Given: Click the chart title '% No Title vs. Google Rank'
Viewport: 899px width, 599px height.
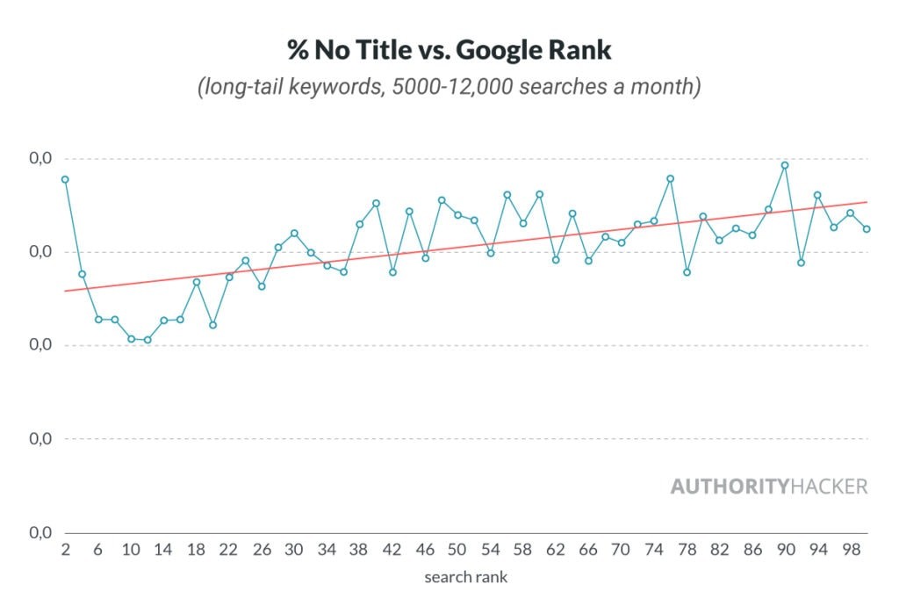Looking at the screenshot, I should click(449, 50).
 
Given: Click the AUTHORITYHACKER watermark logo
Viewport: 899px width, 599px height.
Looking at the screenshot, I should click(768, 486).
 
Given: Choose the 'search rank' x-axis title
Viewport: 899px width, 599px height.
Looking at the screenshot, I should click(465, 577).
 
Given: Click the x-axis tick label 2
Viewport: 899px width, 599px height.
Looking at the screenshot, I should click(65, 550).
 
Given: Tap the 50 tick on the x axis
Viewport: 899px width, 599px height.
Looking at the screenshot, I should click(457, 550).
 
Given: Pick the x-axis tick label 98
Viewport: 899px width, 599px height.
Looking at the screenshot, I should click(850, 550).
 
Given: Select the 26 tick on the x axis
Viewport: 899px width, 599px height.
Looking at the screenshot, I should click(262, 550).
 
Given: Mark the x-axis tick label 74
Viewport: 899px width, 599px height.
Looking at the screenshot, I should click(653, 550).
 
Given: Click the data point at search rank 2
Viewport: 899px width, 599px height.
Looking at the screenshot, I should click(65, 179).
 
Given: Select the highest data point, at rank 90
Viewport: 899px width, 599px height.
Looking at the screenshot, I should click(785, 165).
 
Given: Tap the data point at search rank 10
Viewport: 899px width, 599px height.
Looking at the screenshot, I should click(131, 338).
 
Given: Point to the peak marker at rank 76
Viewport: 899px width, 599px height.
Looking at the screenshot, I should click(670, 178).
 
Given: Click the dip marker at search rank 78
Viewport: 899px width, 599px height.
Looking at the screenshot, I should click(687, 272).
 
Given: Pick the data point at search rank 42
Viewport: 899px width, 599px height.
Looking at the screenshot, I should click(392, 272).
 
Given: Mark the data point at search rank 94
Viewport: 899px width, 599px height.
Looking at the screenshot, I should click(817, 195).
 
